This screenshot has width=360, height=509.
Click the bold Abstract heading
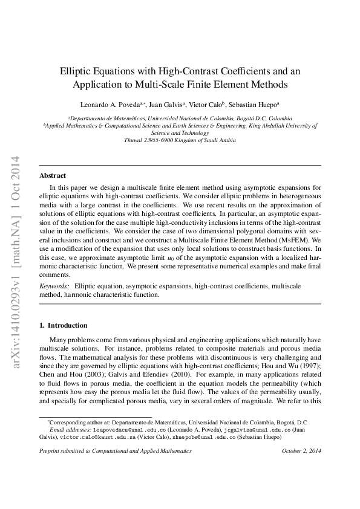coord(53,175)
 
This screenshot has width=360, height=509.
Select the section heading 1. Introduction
coord(63,325)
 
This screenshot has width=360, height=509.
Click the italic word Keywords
coord(53,285)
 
